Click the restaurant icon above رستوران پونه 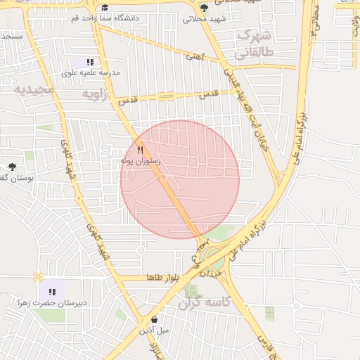pyautogui.click(x=141, y=150)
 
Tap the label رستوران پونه pyautogui.click(x=141, y=161)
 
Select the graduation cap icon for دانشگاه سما pyautogui.click(x=105, y=7)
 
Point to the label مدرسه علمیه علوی pyautogui.click(x=91, y=72)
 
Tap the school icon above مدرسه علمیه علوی pyautogui.click(x=91, y=62)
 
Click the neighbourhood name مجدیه pyautogui.click(x=32, y=90)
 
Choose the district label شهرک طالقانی pyautogui.click(x=254, y=43)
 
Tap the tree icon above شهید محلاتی pyautogui.click(x=204, y=8)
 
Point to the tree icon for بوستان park pyautogui.click(x=12, y=167)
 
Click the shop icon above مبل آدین pyautogui.click(x=154, y=319)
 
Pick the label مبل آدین pyautogui.click(x=154, y=330)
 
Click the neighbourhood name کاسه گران pyautogui.click(x=205, y=304)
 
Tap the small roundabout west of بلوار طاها pyautogui.click(x=38, y=277)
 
